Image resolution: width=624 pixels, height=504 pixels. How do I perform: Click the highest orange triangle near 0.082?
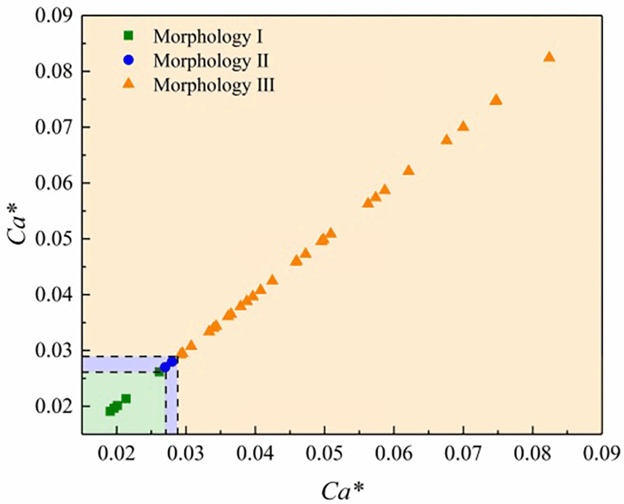coord(549,57)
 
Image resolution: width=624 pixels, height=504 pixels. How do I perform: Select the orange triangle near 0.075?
coord(496,100)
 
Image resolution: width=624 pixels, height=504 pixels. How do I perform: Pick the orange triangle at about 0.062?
coord(408,171)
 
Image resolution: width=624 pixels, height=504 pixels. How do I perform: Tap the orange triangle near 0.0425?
coord(272,280)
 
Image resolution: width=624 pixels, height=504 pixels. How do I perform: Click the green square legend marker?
coord(129,35)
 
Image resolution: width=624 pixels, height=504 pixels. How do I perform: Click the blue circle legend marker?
coord(129,59)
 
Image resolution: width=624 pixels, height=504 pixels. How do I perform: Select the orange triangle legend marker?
coord(129,84)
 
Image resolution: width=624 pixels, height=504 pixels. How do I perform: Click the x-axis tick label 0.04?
coord(255,453)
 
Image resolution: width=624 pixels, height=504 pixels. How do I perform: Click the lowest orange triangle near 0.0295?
coord(182,353)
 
